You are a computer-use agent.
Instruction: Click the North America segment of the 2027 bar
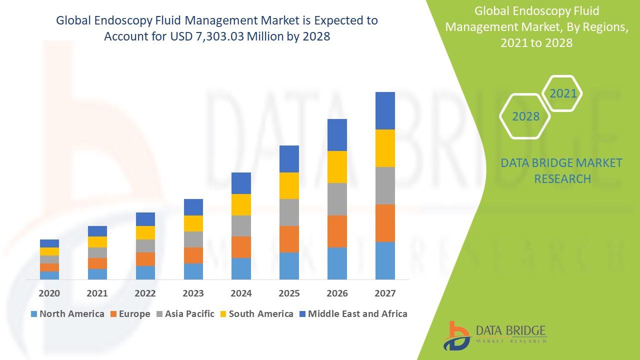pyautogui.click(x=385, y=260)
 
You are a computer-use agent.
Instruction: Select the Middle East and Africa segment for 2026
pyautogui.click(x=337, y=135)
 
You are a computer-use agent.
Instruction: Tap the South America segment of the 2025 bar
pyautogui.click(x=289, y=185)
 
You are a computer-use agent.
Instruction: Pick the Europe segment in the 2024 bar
pyautogui.click(x=241, y=247)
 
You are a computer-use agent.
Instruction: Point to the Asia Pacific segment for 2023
pyautogui.click(x=193, y=239)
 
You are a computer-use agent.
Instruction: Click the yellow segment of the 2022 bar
pyautogui.click(x=145, y=232)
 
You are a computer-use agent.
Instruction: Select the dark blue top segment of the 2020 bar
pyautogui.click(x=49, y=243)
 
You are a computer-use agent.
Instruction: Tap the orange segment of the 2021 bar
pyautogui.click(x=97, y=263)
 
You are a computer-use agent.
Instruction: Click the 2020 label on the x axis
pyautogui.click(x=49, y=293)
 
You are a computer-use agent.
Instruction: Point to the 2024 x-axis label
pyautogui.click(x=241, y=293)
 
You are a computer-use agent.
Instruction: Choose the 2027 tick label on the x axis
pyautogui.click(x=385, y=293)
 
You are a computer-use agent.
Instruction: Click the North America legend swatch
pyautogui.click(x=34, y=314)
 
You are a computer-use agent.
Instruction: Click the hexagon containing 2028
pyautogui.click(x=525, y=116)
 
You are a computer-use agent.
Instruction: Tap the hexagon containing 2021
pyautogui.click(x=563, y=93)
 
